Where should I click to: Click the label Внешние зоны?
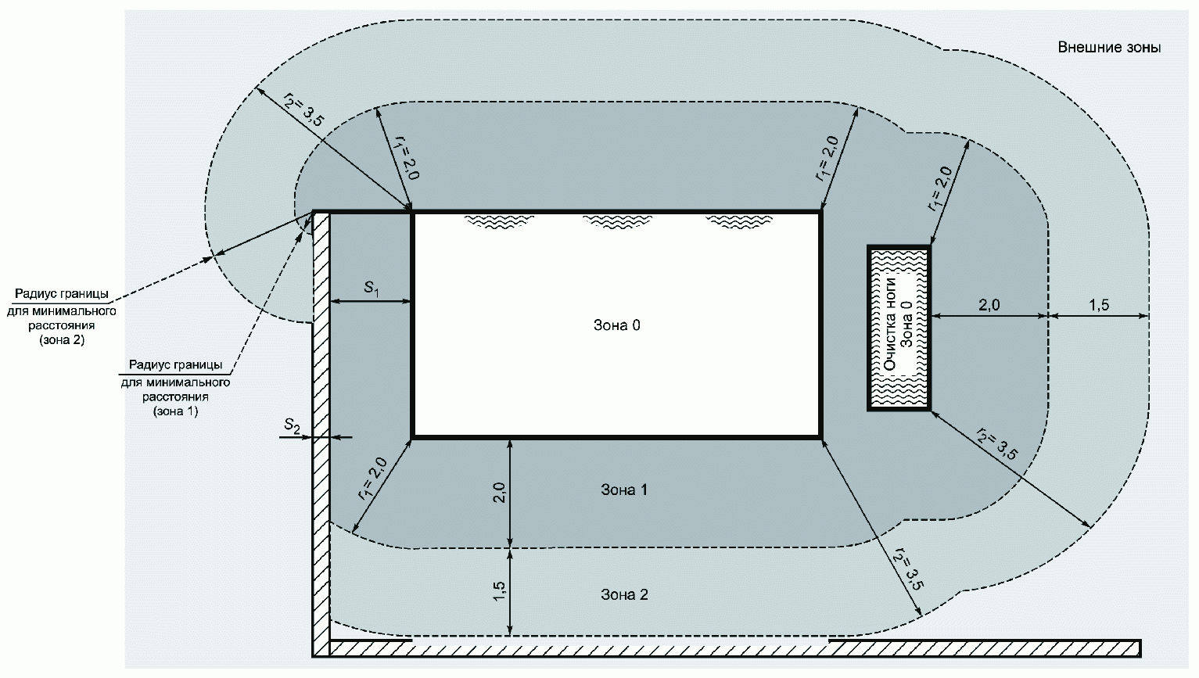[x=1109, y=48]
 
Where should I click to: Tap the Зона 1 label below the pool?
[x=624, y=490]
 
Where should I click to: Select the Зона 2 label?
[x=624, y=594]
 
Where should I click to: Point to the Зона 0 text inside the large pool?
[x=616, y=325]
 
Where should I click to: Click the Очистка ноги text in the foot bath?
[x=890, y=324]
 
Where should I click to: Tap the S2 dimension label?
[x=292, y=425]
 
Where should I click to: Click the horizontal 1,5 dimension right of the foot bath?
[x=1099, y=305]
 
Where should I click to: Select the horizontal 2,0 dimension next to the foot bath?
[x=989, y=305]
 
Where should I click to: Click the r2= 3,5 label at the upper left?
[x=303, y=109]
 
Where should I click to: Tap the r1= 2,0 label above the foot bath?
[x=939, y=188]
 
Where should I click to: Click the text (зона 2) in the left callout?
[x=62, y=340]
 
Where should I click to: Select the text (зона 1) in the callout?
[x=175, y=411]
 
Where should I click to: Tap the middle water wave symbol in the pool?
[x=617, y=221]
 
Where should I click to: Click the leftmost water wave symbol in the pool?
[x=499, y=221]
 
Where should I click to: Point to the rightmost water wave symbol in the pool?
[x=738, y=221]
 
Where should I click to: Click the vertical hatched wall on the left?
[x=321, y=433]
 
